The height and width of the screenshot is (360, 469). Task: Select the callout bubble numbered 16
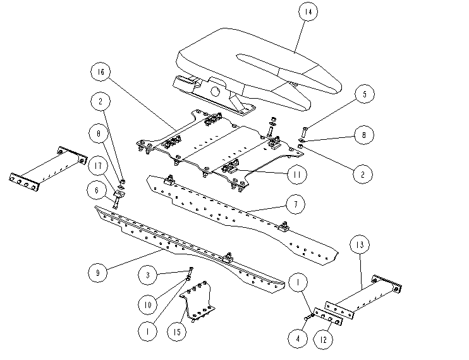click(x=100, y=73)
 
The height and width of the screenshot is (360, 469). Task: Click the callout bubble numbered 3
click(x=148, y=275)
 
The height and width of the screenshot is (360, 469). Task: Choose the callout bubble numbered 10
click(x=148, y=304)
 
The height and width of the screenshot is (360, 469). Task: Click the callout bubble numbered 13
click(x=360, y=245)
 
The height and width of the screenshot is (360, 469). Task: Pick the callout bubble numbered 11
click(x=296, y=173)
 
